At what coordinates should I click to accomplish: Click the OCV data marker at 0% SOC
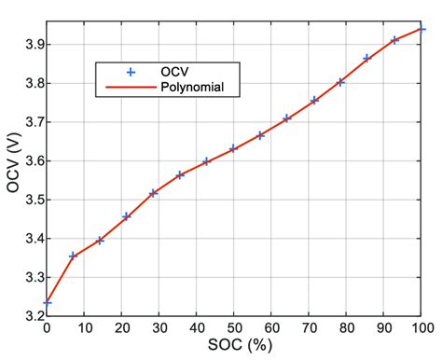(x=47, y=303)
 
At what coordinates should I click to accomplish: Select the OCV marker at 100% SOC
(x=421, y=29)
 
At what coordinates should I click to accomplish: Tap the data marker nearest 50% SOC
(x=234, y=148)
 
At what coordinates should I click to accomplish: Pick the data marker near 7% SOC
(x=73, y=256)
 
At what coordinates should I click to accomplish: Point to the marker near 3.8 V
(x=341, y=82)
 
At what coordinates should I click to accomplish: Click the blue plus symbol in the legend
(x=131, y=72)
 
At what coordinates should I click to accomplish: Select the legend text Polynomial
(x=191, y=88)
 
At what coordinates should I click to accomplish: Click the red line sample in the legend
(x=131, y=88)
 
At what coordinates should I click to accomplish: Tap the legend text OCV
(x=174, y=72)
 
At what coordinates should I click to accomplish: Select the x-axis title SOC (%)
(x=235, y=346)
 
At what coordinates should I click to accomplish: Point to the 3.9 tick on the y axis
(x=29, y=44)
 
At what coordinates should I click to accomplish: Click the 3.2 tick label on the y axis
(x=29, y=315)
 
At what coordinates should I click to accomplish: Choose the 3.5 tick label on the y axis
(x=29, y=199)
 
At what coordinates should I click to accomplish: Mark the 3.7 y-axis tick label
(x=29, y=121)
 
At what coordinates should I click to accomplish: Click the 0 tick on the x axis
(x=47, y=327)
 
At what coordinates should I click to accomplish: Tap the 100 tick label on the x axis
(x=421, y=327)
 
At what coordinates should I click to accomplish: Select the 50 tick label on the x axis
(x=234, y=327)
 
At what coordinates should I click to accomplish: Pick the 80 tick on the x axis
(x=347, y=327)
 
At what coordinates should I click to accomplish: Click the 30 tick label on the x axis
(x=159, y=327)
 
